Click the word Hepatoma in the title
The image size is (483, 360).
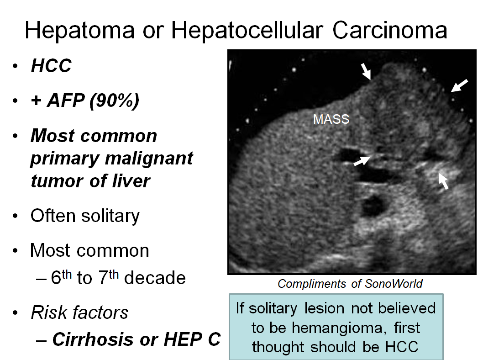[80, 31]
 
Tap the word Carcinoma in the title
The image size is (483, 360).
[390, 30]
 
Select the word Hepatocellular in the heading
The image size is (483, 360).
[247, 30]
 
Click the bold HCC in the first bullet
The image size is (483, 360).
[51, 66]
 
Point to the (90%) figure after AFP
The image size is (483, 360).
[114, 101]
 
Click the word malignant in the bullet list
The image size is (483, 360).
[149, 159]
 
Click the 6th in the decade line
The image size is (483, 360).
[61, 277]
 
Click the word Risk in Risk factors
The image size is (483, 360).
[49, 312]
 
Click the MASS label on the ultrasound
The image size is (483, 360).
[331, 119]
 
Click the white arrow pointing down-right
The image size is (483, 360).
[366, 71]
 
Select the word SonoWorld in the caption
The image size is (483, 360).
[394, 284]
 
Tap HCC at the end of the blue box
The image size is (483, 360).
[402, 347]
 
